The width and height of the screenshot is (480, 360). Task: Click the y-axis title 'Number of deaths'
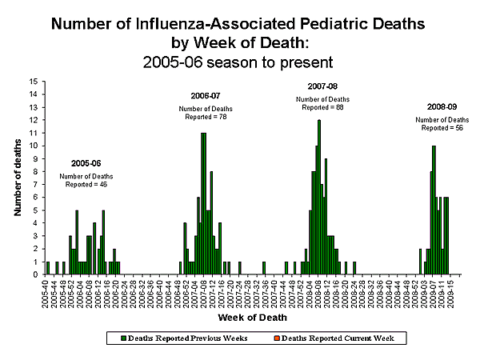pos(17,177)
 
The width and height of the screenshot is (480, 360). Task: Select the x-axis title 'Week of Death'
pos(241,318)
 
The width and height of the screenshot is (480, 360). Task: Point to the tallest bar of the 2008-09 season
pos(434,210)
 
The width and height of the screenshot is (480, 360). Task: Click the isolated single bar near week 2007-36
pos(264,267)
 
